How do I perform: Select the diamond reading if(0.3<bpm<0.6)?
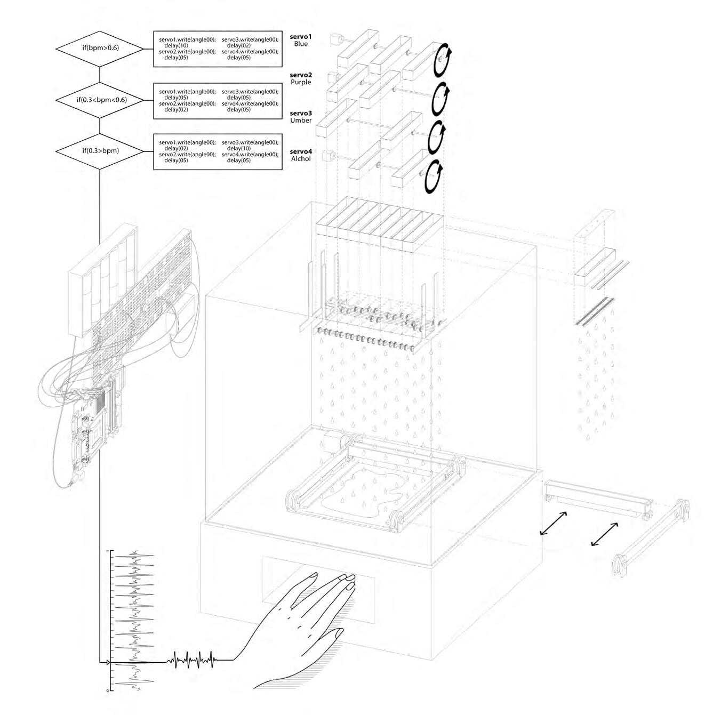[x=100, y=100]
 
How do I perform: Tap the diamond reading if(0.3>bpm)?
[x=100, y=151]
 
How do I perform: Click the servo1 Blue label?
[x=300, y=40]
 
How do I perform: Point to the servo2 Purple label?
[x=300, y=79]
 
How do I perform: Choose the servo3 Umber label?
[x=300, y=117]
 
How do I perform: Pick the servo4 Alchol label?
[x=300, y=155]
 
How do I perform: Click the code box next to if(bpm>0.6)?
[x=218, y=49]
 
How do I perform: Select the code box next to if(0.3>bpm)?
[x=218, y=151]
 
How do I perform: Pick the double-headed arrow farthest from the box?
[x=605, y=534]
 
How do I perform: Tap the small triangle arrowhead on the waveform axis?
[x=108, y=663]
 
